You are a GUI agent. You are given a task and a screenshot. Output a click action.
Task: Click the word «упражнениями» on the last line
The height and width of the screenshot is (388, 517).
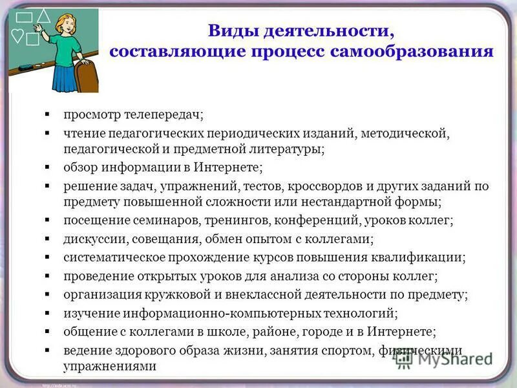(x=111, y=366)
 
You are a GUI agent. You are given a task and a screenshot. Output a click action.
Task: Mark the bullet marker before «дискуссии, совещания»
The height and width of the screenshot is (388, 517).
(x=47, y=239)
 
